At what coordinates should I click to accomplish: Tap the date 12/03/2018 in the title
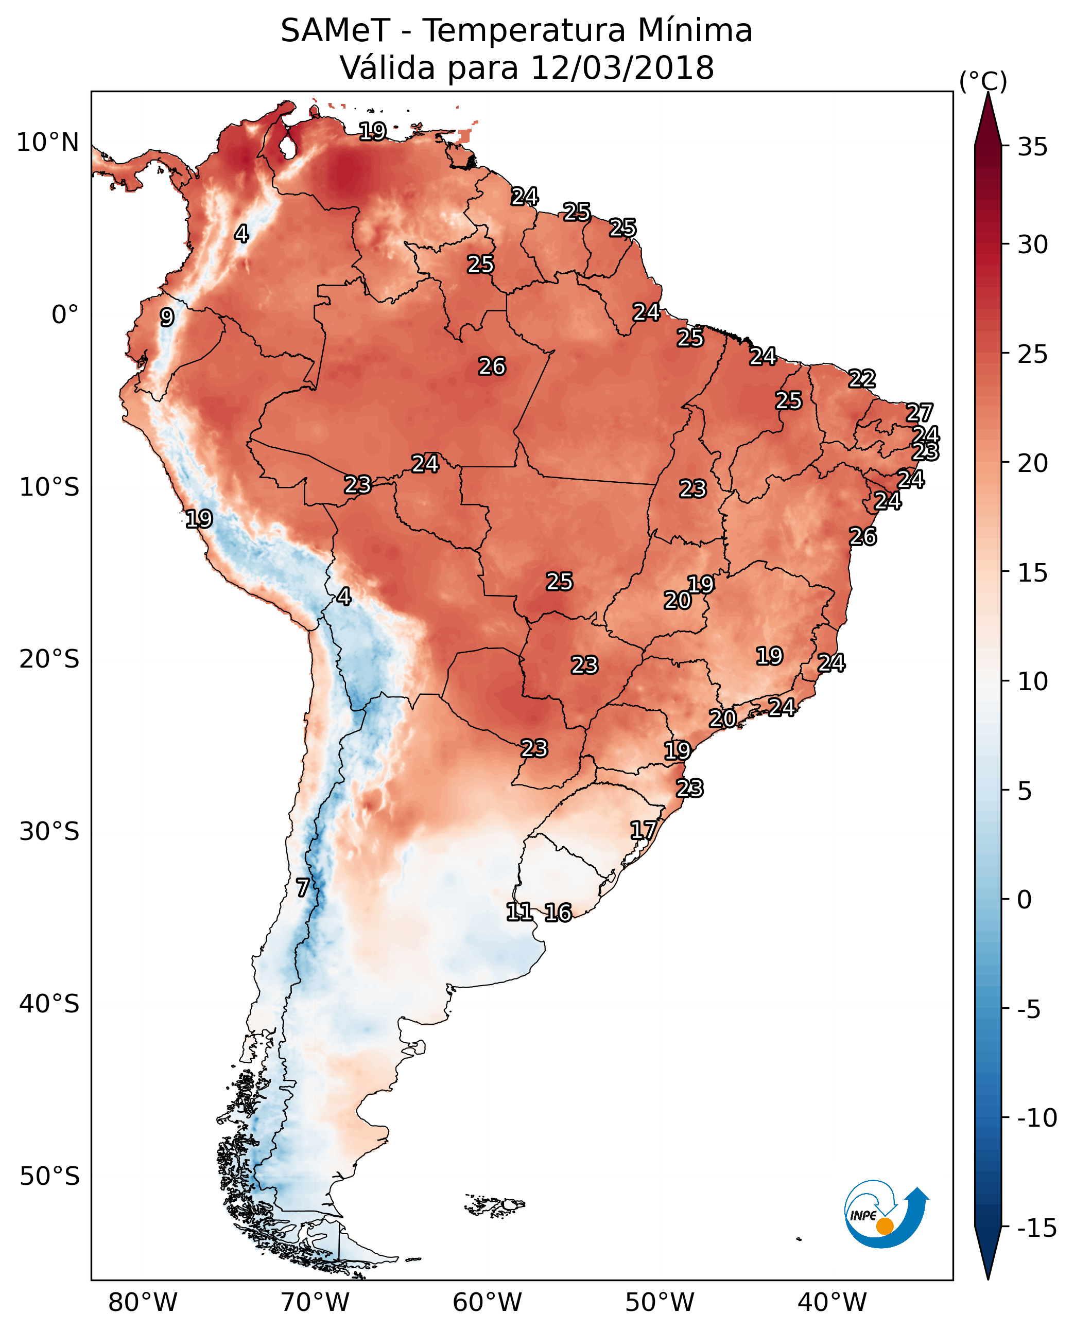[x=622, y=68]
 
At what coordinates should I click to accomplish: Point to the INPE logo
[x=886, y=1214]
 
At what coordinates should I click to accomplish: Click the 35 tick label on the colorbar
[x=1032, y=147]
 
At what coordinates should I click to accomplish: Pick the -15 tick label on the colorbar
[x=1037, y=1229]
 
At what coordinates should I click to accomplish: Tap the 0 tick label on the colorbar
[x=1025, y=900]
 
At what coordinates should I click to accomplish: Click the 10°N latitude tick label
[x=48, y=143]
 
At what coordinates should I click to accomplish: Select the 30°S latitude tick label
[x=49, y=831]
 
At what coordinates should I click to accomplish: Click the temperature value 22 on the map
[x=862, y=378]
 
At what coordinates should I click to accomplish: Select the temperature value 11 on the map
[x=519, y=912]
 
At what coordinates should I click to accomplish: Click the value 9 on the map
[x=167, y=317]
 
